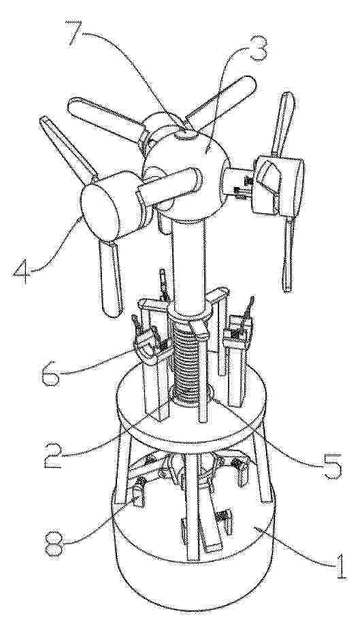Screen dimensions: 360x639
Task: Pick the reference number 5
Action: (331, 465)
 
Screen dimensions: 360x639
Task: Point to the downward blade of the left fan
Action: (111, 277)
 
